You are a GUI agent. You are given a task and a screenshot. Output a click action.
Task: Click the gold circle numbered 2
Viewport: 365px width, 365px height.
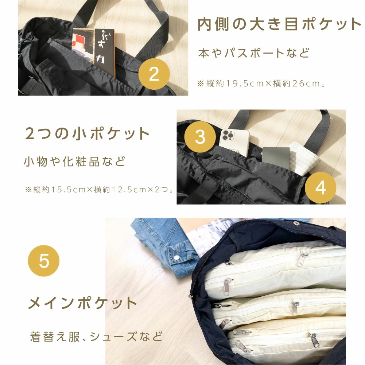[x=154, y=74]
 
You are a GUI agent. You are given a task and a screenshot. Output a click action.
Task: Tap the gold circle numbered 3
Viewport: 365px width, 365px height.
[x=200, y=137]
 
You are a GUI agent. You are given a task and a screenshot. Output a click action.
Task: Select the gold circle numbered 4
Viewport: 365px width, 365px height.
[x=320, y=188]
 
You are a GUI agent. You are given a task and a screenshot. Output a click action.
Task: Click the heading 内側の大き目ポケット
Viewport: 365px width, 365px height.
[x=279, y=24]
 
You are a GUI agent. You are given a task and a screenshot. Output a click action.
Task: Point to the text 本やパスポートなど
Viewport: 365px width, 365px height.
[x=254, y=53]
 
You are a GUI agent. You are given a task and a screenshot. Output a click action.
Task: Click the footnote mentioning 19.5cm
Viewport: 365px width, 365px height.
[x=261, y=84]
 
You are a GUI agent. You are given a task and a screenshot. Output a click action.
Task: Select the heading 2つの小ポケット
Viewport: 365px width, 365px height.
[x=88, y=134]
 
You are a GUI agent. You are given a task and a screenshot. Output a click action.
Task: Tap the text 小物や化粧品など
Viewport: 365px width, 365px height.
[x=75, y=161]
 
